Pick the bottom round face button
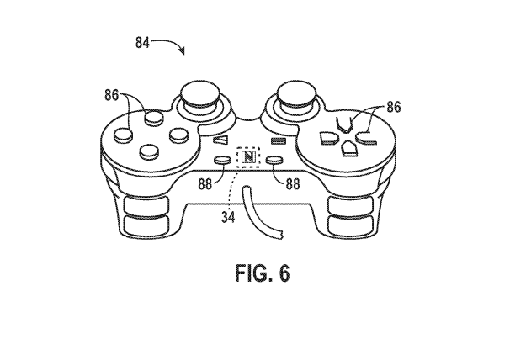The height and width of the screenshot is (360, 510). [150, 151]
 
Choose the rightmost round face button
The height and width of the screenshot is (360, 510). [177, 133]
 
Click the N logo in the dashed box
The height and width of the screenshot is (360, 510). [249, 156]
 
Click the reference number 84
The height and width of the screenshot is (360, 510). [144, 41]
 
